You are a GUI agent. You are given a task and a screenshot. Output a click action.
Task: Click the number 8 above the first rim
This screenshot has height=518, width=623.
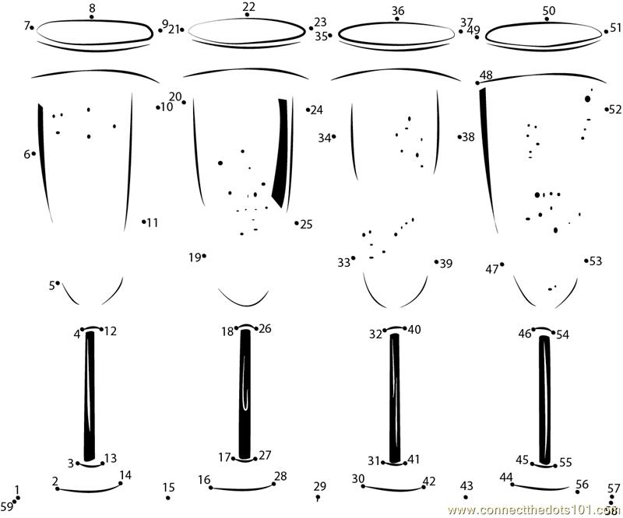pos(92,9)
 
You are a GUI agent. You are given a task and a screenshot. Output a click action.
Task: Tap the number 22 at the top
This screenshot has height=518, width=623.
pos(248,7)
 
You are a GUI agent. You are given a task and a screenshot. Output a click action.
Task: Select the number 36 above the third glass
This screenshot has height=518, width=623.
pos(398,10)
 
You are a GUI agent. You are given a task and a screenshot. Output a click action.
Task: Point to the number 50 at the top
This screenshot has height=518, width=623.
pos(549,9)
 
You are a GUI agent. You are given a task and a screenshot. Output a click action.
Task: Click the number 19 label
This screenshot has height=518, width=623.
pos(194,257)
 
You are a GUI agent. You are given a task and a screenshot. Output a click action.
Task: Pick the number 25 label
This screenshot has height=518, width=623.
pos(306,224)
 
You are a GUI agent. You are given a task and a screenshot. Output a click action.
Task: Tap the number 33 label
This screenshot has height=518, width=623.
pos(343,263)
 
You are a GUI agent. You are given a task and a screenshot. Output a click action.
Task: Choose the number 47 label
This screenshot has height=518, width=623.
pos(491,269)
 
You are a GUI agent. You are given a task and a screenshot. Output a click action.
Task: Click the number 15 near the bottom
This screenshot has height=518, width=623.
pos(169,488)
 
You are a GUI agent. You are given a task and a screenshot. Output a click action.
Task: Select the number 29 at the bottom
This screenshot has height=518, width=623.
pos(319,486)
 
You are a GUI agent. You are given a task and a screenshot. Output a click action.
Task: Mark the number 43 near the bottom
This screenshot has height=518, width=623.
pos(467,486)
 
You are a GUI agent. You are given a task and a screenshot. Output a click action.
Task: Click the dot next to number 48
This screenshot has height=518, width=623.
pos(477,82)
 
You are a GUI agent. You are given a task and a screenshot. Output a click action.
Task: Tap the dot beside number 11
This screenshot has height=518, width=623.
pos(144,222)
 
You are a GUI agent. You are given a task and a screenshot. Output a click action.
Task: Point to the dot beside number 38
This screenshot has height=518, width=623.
pos(459,137)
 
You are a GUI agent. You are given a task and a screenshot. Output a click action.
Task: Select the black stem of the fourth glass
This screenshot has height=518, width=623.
pos(544,397)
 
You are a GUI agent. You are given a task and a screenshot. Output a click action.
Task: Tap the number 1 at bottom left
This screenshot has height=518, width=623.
pos(17,490)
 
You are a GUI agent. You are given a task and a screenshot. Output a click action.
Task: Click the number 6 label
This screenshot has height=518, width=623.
pos(26,154)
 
